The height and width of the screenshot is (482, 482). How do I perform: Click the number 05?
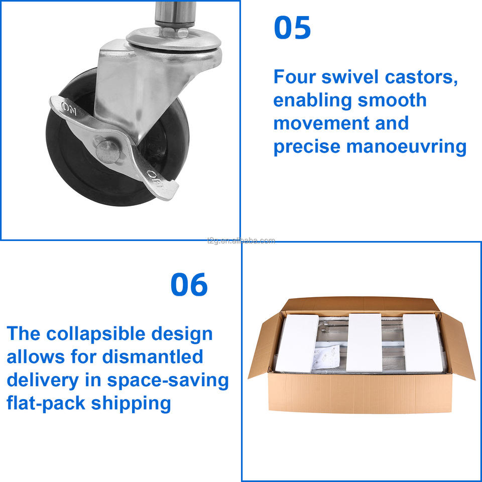point(292,28)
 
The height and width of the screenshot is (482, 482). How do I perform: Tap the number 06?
point(189,284)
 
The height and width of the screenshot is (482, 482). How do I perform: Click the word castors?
point(421,77)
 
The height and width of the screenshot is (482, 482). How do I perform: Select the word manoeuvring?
point(406,147)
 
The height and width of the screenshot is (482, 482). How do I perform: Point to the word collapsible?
point(95,334)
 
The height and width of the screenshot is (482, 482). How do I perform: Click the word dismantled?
point(153,357)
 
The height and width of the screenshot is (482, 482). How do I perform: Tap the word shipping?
point(131,404)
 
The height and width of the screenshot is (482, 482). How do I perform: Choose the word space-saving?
point(168,381)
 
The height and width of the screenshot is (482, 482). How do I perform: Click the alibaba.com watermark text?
point(241,240)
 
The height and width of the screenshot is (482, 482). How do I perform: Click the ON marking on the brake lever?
point(69,108)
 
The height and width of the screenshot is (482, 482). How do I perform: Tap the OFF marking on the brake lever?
point(155,179)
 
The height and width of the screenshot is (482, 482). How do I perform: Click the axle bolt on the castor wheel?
point(107,151)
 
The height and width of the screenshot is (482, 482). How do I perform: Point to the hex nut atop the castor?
point(174,32)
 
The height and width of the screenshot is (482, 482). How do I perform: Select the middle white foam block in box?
point(365,342)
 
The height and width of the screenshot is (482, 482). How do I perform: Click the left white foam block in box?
point(297,343)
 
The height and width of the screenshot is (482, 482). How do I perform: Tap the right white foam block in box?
point(423,343)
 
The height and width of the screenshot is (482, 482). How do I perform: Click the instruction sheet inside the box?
point(326,356)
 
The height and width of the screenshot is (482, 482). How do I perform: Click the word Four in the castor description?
point(295,77)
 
